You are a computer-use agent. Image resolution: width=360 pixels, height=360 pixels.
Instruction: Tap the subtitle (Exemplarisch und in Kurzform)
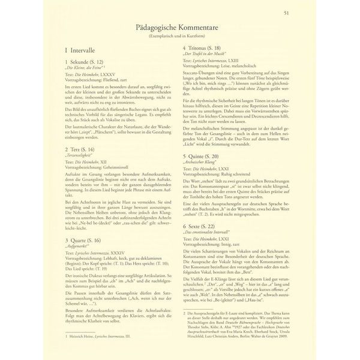(180, 37)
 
